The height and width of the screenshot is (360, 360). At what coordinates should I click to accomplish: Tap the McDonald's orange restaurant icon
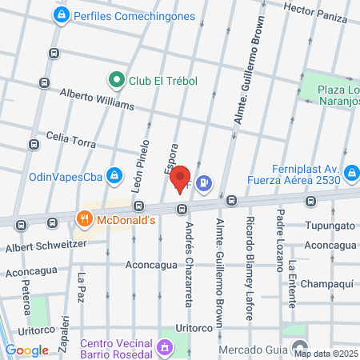pyautogui.click(x=84, y=218)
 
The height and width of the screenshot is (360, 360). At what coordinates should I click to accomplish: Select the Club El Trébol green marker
pyautogui.click(x=116, y=79)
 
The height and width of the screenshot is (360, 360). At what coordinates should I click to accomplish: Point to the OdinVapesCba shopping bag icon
pyautogui.click(x=115, y=175)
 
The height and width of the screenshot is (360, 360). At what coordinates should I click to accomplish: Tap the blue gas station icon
pyautogui.click(x=205, y=183)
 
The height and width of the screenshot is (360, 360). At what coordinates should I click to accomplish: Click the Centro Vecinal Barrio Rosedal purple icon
pyautogui.click(x=165, y=348)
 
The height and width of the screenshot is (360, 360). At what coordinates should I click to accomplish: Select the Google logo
pyautogui.click(x=26, y=350)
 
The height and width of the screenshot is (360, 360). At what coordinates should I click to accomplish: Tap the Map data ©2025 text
pyautogui.click(x=326, y=353)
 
